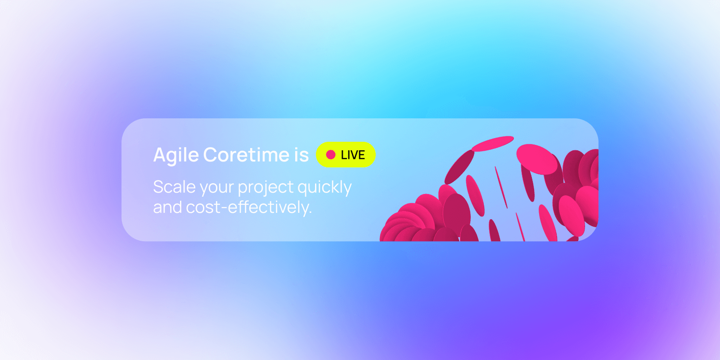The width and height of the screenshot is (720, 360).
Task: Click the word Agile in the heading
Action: [x=176, y=155]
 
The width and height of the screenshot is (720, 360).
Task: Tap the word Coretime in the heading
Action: [x=247, y=155]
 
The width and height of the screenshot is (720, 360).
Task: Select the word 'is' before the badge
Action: [x=301, y=155]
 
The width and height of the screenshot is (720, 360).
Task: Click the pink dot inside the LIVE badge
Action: [x=331, y=155]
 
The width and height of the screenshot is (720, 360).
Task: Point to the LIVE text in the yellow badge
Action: [x=353, y=155]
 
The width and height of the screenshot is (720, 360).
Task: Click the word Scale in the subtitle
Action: [x=174, y=187]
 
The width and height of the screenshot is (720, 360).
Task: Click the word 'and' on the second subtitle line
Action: [x=167, y=207]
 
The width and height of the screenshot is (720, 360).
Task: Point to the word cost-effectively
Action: [x=248, y=207]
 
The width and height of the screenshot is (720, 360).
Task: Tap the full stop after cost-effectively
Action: [x=310, y=213]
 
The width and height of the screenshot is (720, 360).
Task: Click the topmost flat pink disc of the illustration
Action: [x=492, y=143]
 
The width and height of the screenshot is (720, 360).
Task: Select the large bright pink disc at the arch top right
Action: [x=536, y=159]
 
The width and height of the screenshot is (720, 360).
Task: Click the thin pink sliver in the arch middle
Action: [x=501, y=187]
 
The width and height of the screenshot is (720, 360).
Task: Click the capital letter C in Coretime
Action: [x=210, y=155]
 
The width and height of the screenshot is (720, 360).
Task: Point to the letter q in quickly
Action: [x=302, y=189]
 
